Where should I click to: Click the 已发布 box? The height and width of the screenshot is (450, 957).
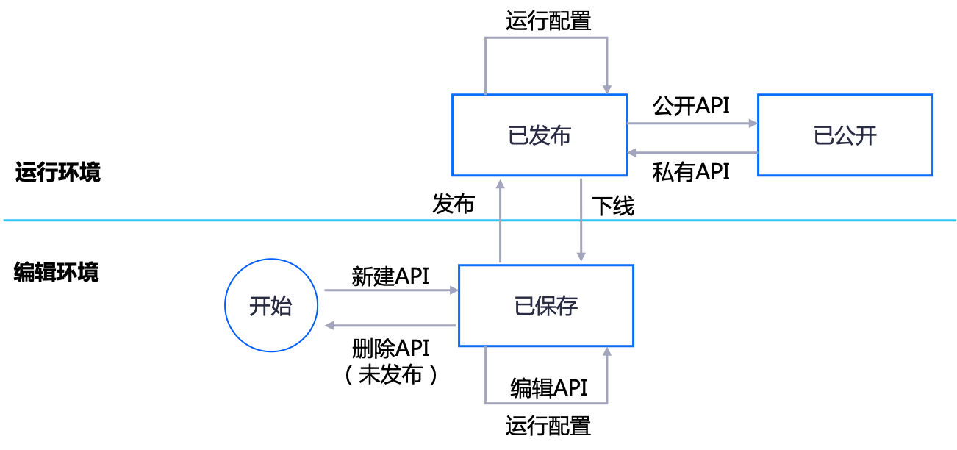540,135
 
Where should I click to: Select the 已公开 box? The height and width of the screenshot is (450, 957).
845,135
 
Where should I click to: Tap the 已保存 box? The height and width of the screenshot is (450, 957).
546,306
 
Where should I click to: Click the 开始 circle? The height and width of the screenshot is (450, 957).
271,305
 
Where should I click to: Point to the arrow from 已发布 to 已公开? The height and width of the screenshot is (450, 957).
691,124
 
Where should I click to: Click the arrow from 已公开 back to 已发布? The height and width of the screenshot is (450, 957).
691,153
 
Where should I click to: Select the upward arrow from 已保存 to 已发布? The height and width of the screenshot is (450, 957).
501,221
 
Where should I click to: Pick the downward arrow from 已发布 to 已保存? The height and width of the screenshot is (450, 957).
581,221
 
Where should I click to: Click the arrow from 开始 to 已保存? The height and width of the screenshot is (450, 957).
390,290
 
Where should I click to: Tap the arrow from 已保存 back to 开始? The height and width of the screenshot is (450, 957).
390,325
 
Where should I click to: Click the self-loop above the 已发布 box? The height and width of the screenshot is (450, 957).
546,37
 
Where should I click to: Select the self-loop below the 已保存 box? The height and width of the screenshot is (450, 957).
546,403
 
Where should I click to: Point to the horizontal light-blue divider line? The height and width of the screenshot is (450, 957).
147,220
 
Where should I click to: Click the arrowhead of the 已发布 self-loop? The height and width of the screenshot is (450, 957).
607,89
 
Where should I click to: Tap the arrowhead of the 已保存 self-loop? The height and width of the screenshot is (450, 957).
607,352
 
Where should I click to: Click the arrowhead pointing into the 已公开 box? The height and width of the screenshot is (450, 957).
753,124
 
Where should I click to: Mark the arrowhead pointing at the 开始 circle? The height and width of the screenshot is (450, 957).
329,325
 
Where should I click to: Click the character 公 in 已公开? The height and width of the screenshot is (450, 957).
845,136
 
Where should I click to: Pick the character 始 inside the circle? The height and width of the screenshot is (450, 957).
282,306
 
